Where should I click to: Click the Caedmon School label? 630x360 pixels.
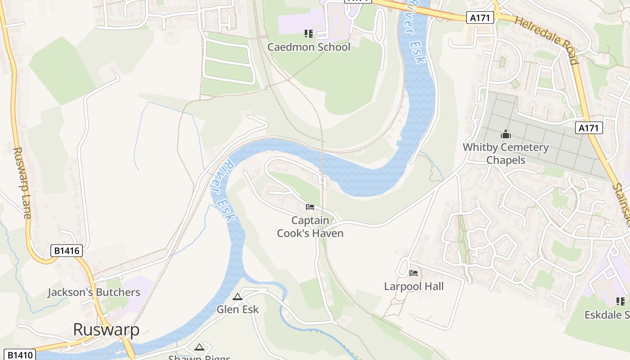[x=309, y=47]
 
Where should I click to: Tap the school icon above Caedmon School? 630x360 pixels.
[x=308, y=33]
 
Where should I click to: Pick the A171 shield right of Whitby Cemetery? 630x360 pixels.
[x=589, y=128]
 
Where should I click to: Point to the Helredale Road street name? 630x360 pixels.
[x=546, y=40]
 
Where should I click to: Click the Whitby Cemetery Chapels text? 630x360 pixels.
[x=506, y=153]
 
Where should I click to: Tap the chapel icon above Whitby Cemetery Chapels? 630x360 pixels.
[x=506, y=134]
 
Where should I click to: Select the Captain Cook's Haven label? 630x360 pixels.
[x=310, y=227]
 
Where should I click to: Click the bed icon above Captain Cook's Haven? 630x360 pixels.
[x=310, y=207]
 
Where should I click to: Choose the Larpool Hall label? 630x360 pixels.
[x=414, y=286]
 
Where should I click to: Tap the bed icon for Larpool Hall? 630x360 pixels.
[x=414, y=273]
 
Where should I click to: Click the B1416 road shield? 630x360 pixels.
[x=67, y=251]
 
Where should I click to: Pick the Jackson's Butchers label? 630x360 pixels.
[x=94, y=292]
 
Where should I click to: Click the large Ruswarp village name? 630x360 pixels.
[x=106, y=329]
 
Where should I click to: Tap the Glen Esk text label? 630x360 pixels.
[x=238, y=309]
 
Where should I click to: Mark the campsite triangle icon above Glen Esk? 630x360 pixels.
[x=238, y=297]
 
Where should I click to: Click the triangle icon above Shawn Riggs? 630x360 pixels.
[x=199, y=347]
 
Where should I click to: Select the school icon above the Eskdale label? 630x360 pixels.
[x=621, y=301]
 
